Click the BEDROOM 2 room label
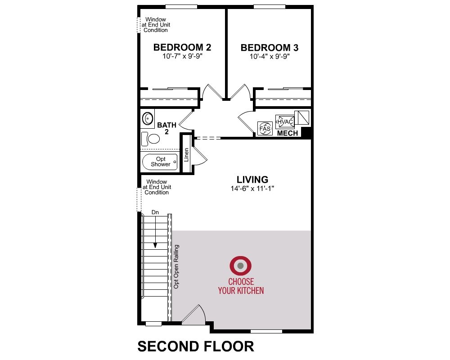(182, 47)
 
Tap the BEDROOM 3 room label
(270, 48)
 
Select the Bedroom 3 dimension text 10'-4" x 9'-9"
(270, 57)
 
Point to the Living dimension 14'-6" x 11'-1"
(252, 189)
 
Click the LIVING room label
(252, 180)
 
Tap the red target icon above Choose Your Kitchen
(240, 265)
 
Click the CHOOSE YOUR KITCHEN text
(241, 286)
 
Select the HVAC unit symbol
(285, 121)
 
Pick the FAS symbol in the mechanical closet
(265, 128)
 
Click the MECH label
(288, 133)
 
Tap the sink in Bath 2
(148, 118)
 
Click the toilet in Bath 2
(151, 139)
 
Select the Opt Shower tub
(160, 162)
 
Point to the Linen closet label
(186, 155)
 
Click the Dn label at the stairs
(155, 212)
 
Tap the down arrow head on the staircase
(155, 245)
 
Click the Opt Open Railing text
(176, 267)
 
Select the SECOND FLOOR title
(196, 346)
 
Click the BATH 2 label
(167, 128)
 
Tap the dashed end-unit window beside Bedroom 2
(139, 25)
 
